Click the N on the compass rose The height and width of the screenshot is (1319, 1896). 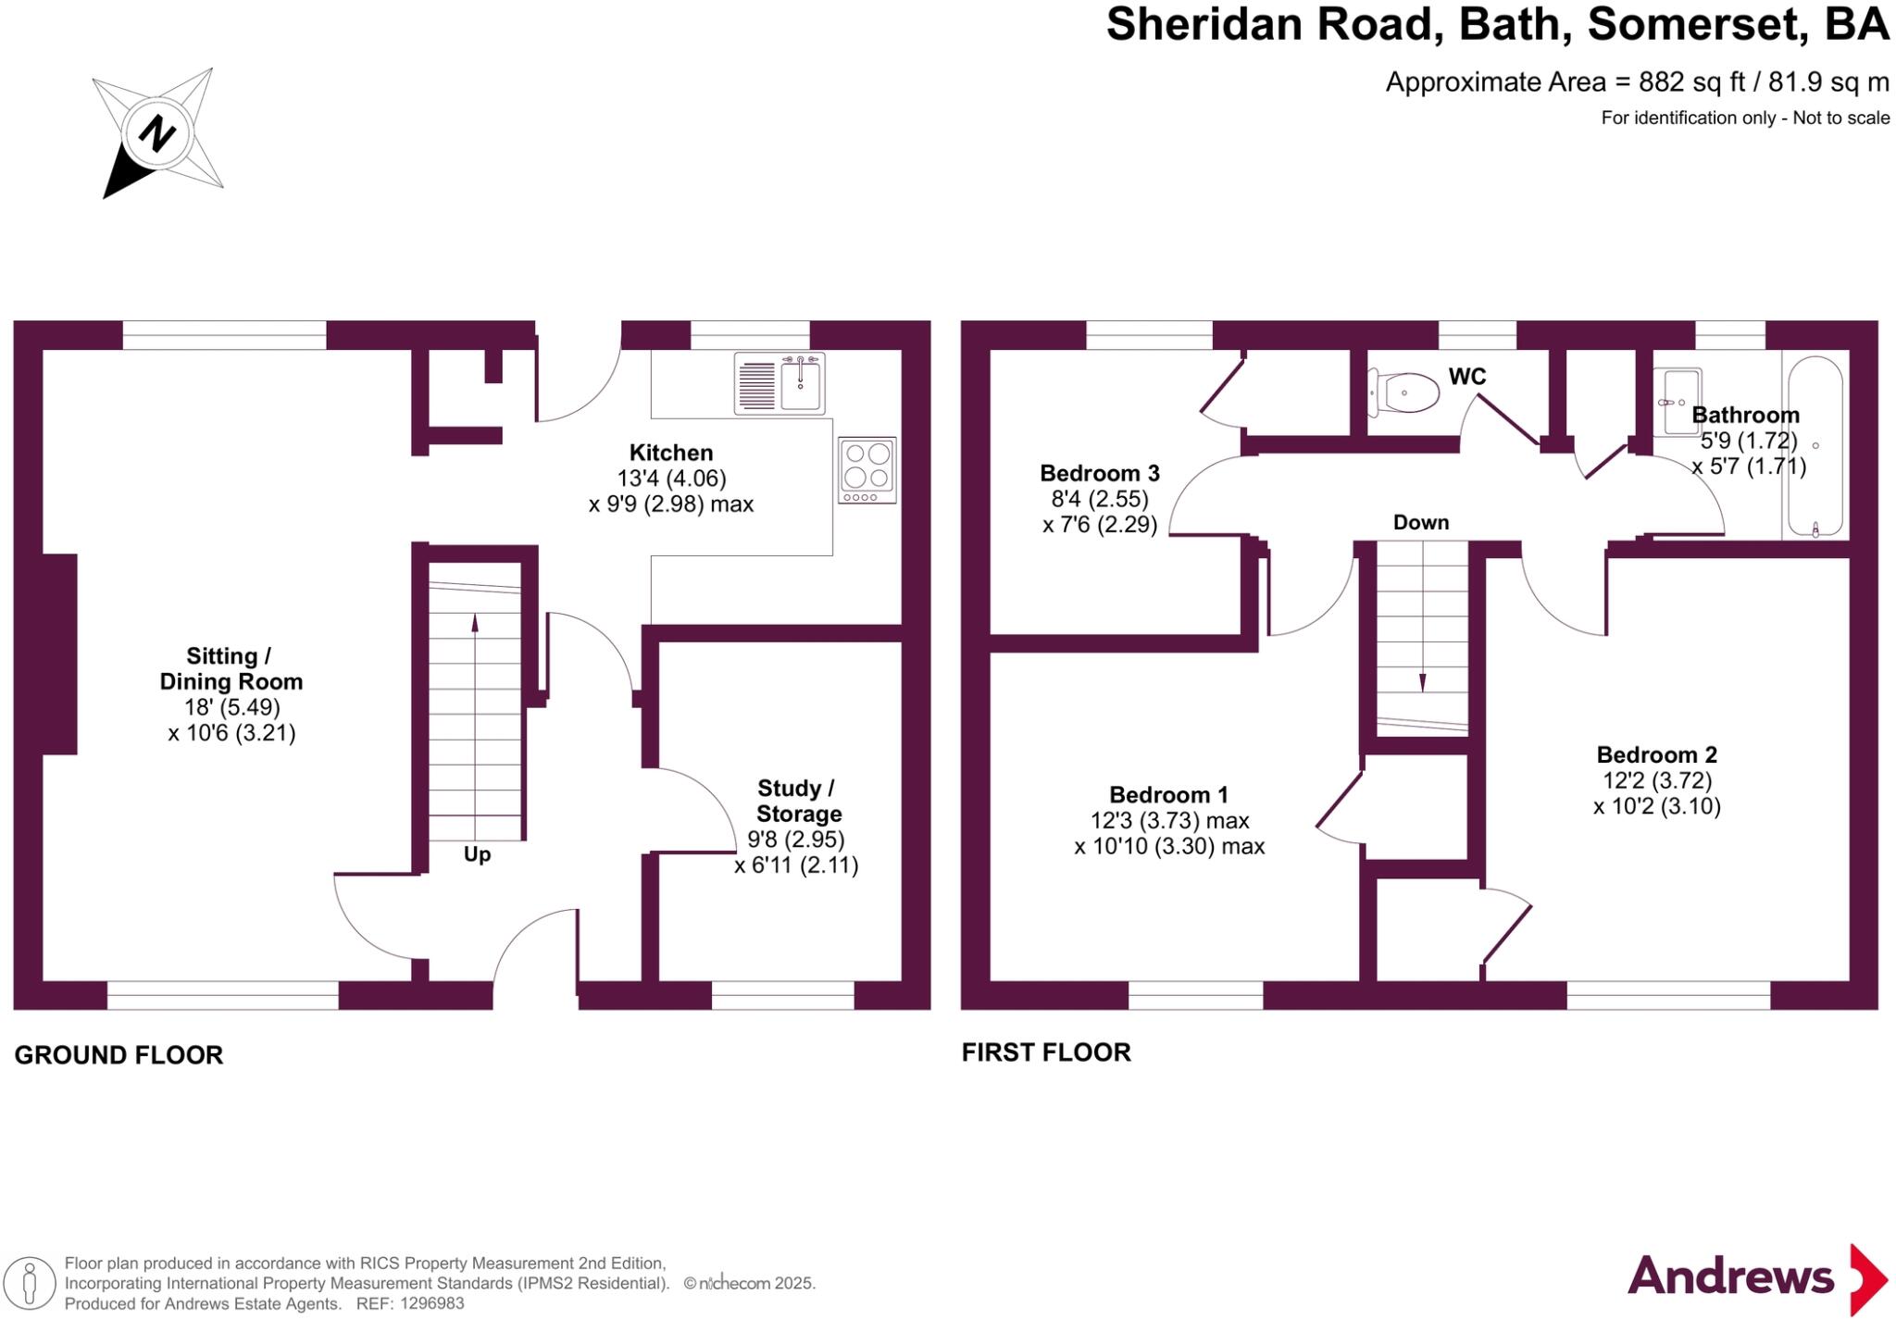(157, 133)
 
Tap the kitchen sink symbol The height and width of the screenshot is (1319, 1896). (780, 382)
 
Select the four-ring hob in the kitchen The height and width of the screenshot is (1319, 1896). (867, 470)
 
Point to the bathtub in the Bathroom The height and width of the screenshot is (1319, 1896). (1815, 446)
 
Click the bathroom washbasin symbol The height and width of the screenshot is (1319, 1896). (1682, 402)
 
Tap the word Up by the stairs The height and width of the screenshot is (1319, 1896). (477, 853)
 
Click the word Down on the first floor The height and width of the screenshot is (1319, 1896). (1421, 523)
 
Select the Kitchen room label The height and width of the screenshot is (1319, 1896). (671, 453)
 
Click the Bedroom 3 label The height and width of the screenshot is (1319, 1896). (1100, 473)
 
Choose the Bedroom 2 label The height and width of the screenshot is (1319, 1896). (1657, 754)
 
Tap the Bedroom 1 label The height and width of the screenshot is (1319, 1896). (1169, 794)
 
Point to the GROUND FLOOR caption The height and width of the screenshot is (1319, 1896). (118, 1055)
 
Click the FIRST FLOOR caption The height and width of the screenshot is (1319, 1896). (1046, 1052)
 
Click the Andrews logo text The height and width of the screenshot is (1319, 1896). (1730, 1277)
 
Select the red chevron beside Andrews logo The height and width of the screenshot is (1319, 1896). (1868, 1280)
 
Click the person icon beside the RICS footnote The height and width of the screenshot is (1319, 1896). (30, 1284)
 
